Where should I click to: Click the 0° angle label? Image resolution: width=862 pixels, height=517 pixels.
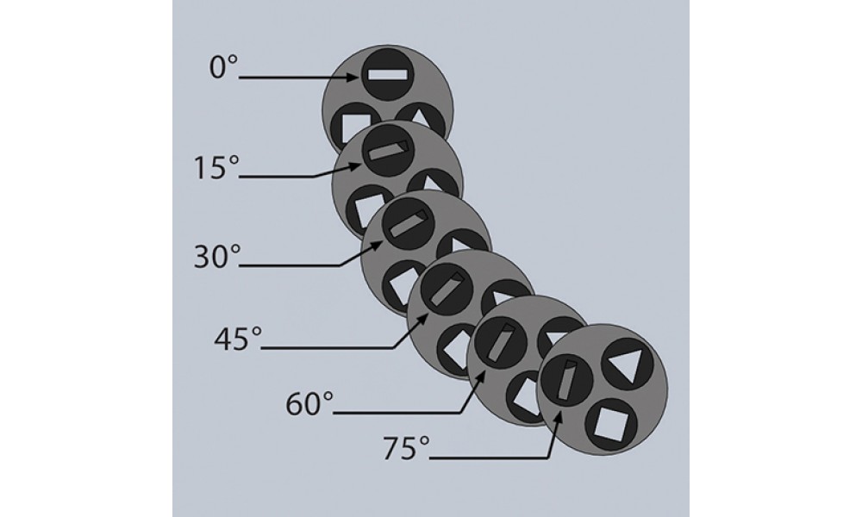[223, 67]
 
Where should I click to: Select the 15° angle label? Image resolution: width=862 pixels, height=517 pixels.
[216, 167]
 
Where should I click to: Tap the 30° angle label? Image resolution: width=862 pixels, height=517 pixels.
[217, 256]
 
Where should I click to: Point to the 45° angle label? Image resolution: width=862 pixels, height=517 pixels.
[238, 339]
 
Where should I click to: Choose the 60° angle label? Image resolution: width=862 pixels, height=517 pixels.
[309, 404]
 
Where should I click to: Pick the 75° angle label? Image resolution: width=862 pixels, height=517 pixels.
[406, 448]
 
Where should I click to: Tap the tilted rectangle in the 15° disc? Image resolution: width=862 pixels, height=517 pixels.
[389, 150]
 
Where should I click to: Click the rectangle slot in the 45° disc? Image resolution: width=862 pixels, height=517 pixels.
[447, 289]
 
